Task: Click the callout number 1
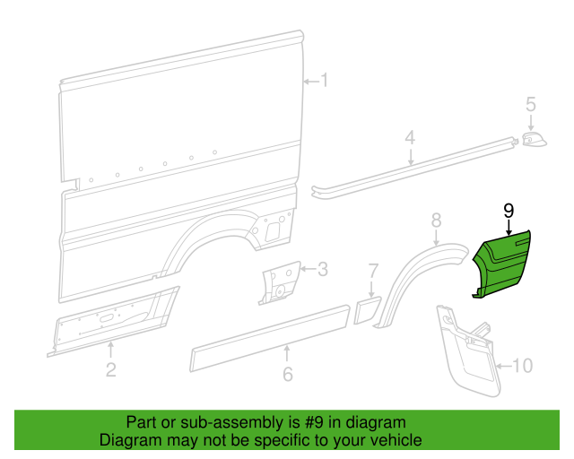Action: tap(325, 82)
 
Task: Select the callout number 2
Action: tap(110, 369)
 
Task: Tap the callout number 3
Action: tap(323, 268)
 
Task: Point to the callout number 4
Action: tap(410, 138)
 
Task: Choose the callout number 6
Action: tap(287, 374)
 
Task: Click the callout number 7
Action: tap(374, 270)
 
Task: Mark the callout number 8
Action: tap(436, 220)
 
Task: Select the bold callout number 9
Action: tap(508, 211)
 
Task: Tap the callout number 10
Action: tap(522, 365)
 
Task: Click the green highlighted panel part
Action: tap(501, 264)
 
